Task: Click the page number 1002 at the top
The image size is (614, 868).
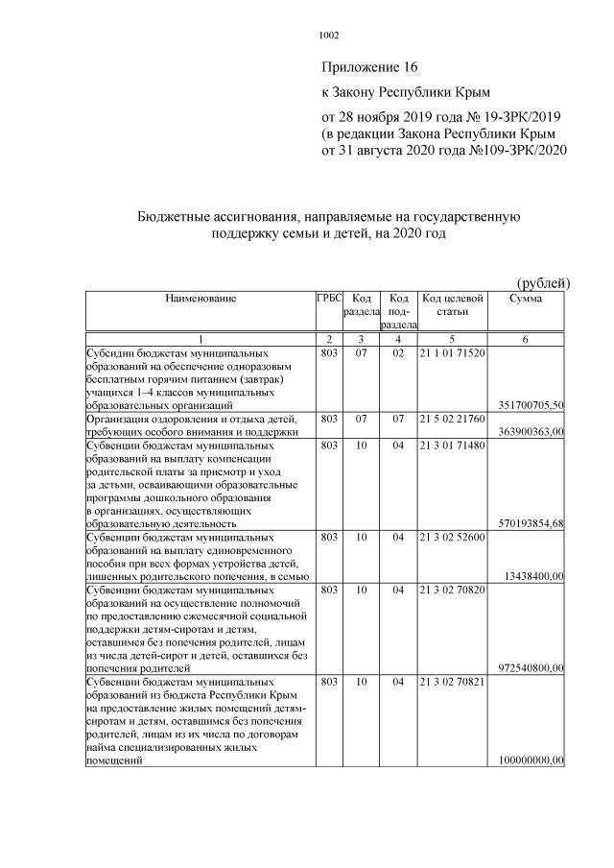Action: tap(328, 36)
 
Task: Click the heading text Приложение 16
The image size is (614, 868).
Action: tap(370, 67)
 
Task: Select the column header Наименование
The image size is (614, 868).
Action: tap(201, 300)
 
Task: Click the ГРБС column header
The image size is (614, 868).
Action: tap(329, 300)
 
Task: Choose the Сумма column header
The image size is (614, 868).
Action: tap(527, 300)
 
